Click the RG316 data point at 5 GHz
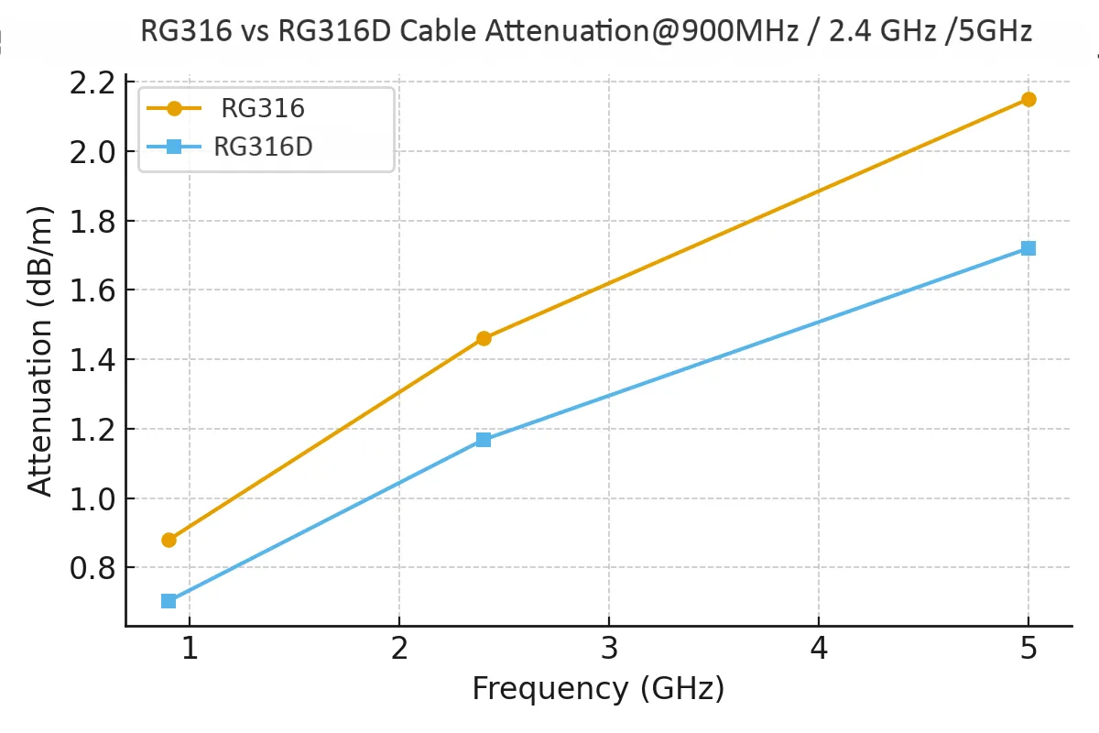point(1028,99)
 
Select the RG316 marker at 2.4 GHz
point(484,338)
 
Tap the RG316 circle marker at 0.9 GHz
point(169,540)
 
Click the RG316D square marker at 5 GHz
point(1028,248)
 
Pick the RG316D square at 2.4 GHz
point(484,440)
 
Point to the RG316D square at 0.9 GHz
point(169,601)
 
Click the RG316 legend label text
point(264,109)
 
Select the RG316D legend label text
point(264,147)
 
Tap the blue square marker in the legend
point(174,147)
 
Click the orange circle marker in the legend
point(174,109)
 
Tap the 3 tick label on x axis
point(608,649)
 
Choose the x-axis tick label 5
point(1028,649)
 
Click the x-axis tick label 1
point(190,649)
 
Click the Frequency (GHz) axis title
point(598,689)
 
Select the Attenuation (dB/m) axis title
point(40,351)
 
